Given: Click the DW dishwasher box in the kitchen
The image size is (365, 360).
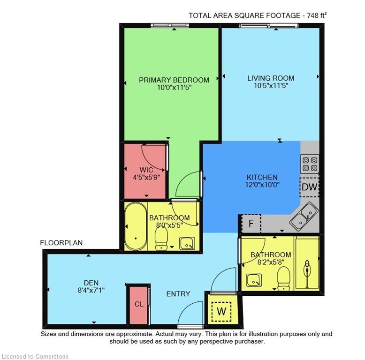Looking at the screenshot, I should click(x=310, y=187).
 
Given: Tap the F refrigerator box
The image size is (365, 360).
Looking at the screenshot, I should click(x=251, y=224).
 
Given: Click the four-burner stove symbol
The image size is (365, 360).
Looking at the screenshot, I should click(x=310, y=163).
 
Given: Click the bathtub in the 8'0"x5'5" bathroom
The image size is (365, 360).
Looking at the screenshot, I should click(x=136, y=226).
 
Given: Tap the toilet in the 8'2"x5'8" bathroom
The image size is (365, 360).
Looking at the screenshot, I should click(x=284, y=279).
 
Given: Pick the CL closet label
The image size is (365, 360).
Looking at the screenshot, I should click(x=139, y=304).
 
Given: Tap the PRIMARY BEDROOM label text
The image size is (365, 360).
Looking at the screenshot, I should click(x=174, y=80).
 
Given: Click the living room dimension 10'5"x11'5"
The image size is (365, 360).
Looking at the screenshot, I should click(x=271, y=86).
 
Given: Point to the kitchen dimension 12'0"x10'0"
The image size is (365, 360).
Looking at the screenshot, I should click(x=262, y=185).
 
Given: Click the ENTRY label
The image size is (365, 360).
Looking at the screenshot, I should click(x=178, y=294).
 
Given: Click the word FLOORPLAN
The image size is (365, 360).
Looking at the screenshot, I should click(x=61, y=243).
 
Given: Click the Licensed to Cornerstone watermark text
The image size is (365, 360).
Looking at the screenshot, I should click(x=35, y=356).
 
